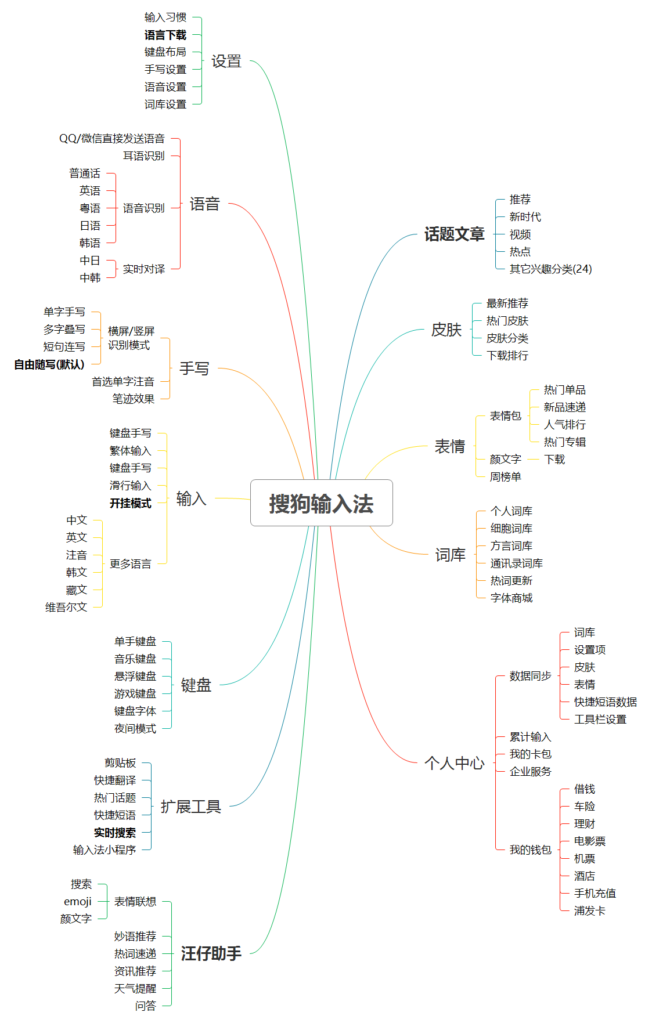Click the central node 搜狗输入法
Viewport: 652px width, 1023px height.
point(321,503)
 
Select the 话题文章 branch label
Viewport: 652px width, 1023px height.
point(455,234)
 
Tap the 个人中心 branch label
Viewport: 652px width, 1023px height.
point(455,763)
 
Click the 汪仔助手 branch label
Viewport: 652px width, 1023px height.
point(211,953)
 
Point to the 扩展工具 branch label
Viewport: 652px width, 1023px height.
point(191,807)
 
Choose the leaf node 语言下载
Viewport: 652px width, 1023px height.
point(165,35)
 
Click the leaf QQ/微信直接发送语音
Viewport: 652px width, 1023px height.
point(112,139)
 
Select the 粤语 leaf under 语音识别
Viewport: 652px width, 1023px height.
point(90,208)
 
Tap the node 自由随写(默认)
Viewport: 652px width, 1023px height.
point(49,364)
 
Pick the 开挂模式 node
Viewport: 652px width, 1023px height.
point(131,503)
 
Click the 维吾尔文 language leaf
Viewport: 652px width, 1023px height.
point(66,607)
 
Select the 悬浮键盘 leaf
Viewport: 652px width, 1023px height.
point(135,677)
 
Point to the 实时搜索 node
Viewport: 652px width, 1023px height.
point(115,833)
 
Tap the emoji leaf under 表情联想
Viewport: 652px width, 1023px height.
point(78,902)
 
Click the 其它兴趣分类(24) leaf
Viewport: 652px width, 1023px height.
point(551,269)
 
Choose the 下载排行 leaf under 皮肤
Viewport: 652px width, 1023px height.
point(507,356)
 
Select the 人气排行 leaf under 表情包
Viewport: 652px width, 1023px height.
point(565,425)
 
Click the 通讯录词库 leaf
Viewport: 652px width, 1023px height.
point(517,563)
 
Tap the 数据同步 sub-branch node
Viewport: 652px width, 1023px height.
point(531,676)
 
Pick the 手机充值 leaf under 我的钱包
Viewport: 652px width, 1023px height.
point(595,894)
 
